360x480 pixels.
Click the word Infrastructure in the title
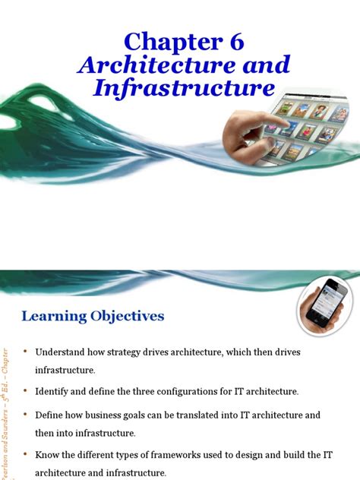point(184,88)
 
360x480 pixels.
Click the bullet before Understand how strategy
point(25,352)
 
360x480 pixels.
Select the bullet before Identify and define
point(25,391)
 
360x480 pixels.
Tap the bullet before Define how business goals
point(25,415)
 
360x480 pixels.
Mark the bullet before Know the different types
point(25,455)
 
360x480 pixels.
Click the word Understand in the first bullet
point(62,352)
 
